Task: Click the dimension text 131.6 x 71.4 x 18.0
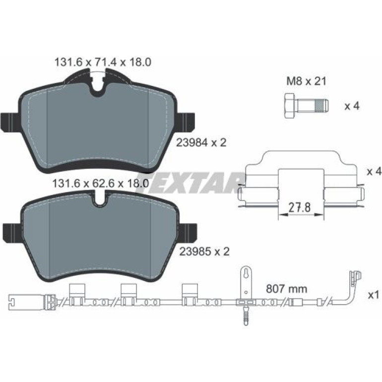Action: coord(103,62)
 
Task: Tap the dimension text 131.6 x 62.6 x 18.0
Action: coord(100,183)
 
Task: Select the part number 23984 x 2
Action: coord(201,142)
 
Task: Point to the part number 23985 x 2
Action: coord(204,252)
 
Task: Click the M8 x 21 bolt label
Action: coord(306,81)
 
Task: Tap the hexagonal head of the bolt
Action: coord(290,106)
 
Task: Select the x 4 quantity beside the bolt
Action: coord(352,106)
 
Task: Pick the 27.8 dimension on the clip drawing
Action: coord(300,208)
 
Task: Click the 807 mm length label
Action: coord(287,289)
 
